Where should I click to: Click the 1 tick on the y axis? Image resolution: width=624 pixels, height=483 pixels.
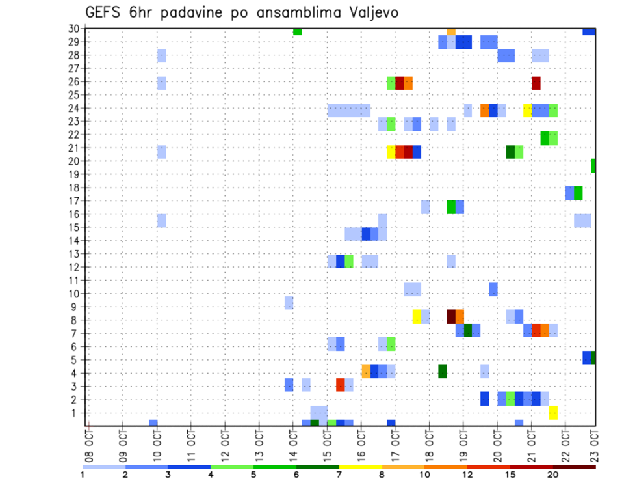tap(76, 413)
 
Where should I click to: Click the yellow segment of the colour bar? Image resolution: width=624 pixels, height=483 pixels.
tap(360, 467)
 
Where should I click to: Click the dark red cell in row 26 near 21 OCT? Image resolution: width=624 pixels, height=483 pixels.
tap(536, 83)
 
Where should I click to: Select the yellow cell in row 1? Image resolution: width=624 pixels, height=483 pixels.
tap(553, 413)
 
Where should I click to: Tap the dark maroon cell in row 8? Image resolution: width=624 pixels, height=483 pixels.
tap(451, 316)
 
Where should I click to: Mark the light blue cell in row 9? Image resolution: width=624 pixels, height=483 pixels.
tap(289, 303)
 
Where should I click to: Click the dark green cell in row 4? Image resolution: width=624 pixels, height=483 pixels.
tap(443, 371)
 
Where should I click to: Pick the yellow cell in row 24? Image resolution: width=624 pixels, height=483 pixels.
tap(528, 110)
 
